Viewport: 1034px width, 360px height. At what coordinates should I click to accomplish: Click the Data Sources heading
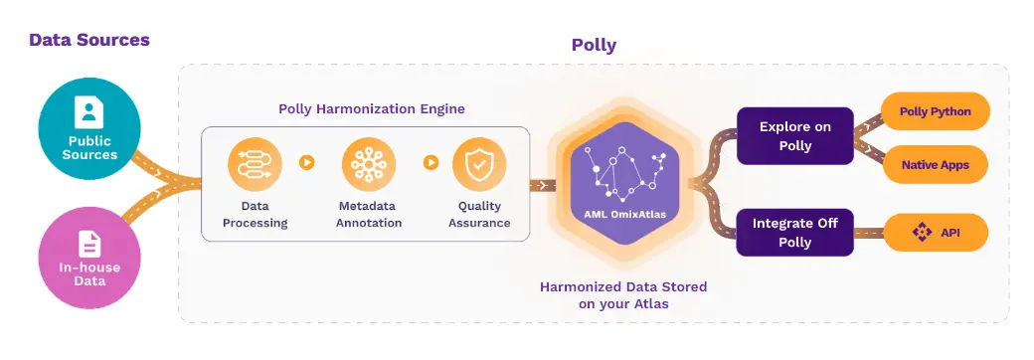[89, 41]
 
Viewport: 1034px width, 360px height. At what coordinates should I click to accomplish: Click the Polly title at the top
[594, 45]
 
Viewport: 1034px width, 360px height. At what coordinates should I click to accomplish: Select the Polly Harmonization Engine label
[372, 108]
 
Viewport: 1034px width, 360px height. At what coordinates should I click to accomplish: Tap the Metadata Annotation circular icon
[368, 165]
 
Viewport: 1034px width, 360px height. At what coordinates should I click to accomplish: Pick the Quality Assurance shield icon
[479, 165]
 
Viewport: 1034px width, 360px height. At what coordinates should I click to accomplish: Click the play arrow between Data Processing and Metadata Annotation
[307, 162]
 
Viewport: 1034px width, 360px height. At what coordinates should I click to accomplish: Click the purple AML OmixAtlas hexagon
[623, 182]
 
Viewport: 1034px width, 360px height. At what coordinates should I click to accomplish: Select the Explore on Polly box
[794, 136]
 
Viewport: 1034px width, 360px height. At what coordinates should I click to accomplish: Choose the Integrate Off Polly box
[794, 233]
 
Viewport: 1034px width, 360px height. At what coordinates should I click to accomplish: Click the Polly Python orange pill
[935, 111]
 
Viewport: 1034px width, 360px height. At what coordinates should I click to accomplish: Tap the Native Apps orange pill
[935, 162]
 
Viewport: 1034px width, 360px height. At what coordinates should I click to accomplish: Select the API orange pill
[935, 233]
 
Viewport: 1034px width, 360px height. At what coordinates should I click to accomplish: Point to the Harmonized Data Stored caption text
[623, 295]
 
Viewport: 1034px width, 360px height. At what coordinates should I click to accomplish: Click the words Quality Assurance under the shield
[480, 215]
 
